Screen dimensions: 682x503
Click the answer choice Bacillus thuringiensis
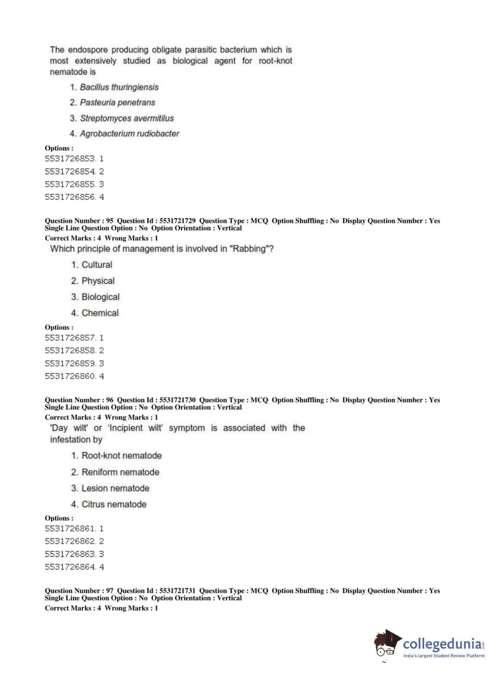[119, 87]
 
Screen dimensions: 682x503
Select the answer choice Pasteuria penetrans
[118, 103]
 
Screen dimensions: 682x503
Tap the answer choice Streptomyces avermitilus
[127, 118]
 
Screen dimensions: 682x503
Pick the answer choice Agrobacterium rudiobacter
[129, 134]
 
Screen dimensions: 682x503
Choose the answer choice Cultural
[96, 265]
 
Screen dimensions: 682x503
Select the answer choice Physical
[98, 281]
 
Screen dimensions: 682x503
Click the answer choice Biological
[100, 297]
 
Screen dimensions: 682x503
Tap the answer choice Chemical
[100, 313]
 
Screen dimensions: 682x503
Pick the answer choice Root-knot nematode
[122, 456]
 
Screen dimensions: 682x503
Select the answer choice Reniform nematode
[120, 472]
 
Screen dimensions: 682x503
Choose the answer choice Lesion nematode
[115, 488]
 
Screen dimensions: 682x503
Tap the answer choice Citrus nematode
[114, 504]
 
